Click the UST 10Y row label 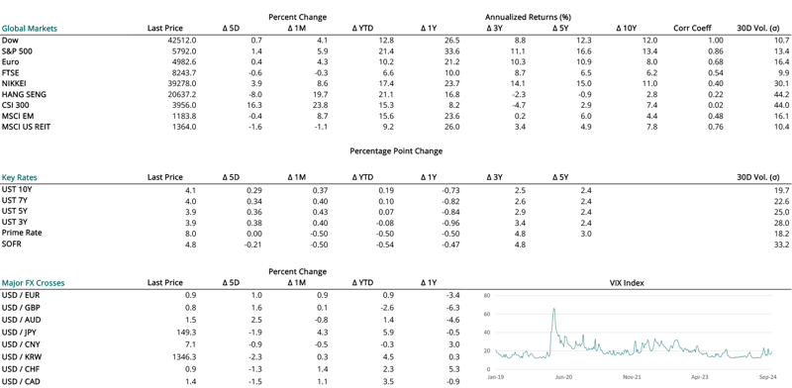(19, 188)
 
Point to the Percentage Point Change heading (396, 150)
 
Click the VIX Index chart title (626, 283)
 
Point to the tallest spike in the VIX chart (552, 311)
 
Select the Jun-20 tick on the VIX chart (564, 377)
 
